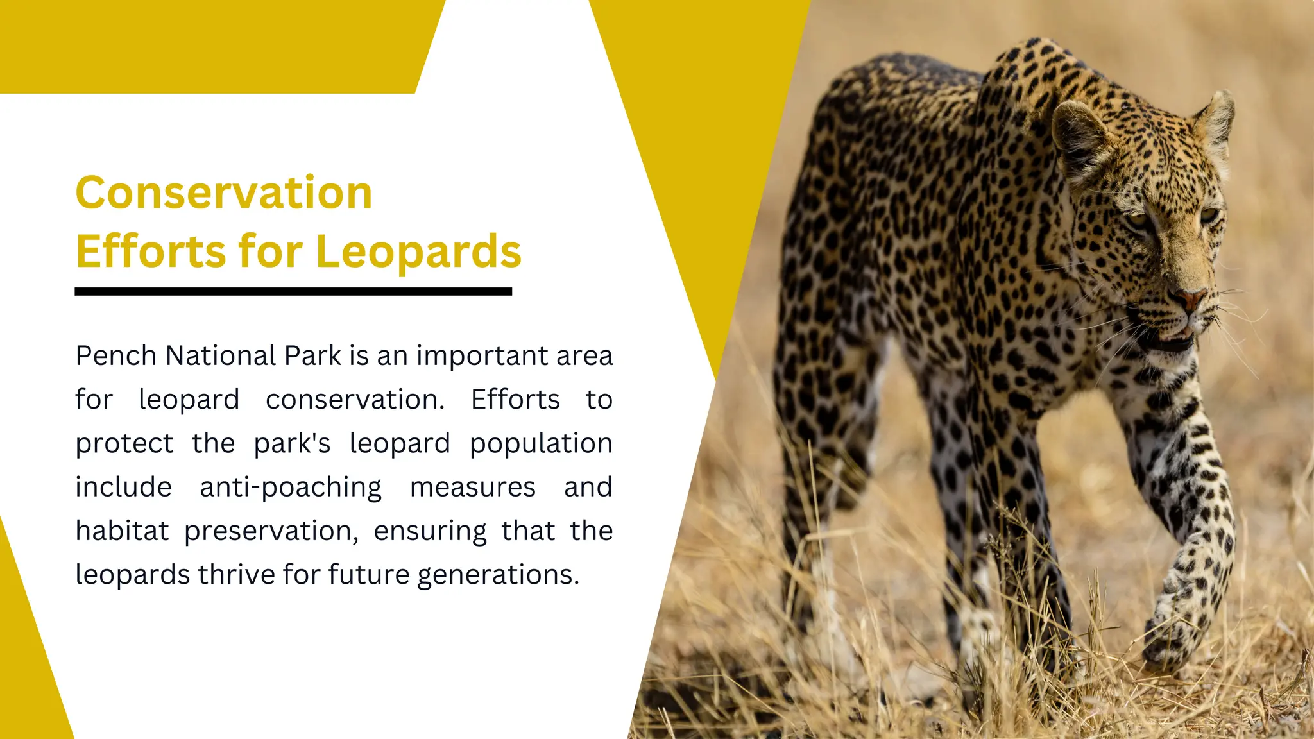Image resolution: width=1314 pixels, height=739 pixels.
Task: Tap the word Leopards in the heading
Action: (418, 251)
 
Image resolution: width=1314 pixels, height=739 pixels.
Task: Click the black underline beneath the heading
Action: (293, 292)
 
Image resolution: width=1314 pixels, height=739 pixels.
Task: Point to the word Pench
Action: (116, 356)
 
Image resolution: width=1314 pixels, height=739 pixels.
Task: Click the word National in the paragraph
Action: (221, 356)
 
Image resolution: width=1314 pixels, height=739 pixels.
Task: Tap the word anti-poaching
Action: (291, 488)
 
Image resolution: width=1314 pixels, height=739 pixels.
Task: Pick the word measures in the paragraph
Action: (472, 488)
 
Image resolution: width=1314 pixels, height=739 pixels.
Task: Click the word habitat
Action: (122, 531)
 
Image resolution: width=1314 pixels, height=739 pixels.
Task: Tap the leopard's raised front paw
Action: (1171, 635)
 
